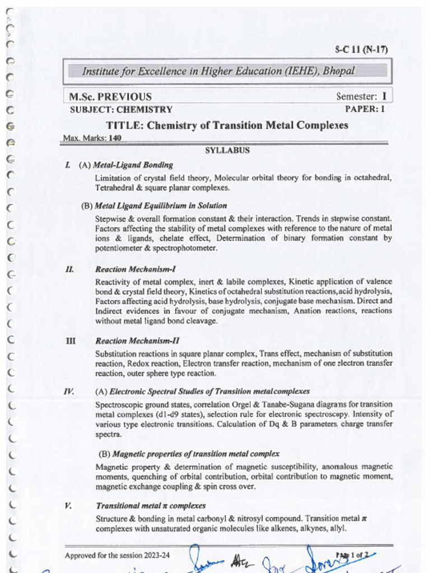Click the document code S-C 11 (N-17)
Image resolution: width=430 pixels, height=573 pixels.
coord(361,49)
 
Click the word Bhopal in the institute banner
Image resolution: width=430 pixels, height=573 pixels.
coord(338,71)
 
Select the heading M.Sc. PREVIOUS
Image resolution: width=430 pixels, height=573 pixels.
coord(110,97)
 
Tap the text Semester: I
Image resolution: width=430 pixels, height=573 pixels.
coord(361,96)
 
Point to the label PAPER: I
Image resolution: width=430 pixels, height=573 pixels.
coord(364,109)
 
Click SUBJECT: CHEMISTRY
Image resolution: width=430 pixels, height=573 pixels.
coord(121,110)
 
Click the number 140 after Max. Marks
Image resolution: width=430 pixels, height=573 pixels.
coord(115,138)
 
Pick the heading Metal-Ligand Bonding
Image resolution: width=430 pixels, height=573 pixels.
coord(133,165)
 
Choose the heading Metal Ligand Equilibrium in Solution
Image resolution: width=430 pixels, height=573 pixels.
coord(161,205)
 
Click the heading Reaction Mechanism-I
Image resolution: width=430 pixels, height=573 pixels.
coord(135,269)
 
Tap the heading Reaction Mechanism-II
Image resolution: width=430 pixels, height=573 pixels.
coord(137,341)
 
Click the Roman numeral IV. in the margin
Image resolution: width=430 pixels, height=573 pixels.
coord(69,391)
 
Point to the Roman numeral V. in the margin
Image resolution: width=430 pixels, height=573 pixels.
coord(68,506)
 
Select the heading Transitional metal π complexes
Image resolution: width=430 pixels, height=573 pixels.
coord(151,506)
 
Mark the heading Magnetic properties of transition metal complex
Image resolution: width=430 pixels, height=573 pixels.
coord(196,454)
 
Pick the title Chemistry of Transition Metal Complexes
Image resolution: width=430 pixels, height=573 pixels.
coord(247,125)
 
